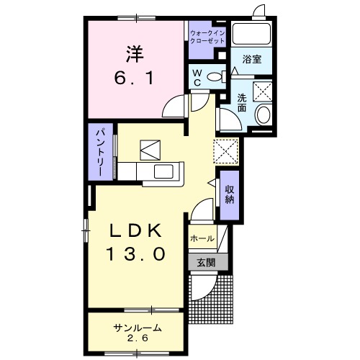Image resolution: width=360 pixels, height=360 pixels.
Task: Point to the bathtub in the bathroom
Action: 252,35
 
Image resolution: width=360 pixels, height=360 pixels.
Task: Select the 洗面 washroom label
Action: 242,104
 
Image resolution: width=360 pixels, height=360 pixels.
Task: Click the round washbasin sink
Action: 263,115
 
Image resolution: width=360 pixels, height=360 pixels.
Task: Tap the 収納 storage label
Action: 230,194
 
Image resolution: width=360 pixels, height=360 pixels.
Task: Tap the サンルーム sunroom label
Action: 137,328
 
